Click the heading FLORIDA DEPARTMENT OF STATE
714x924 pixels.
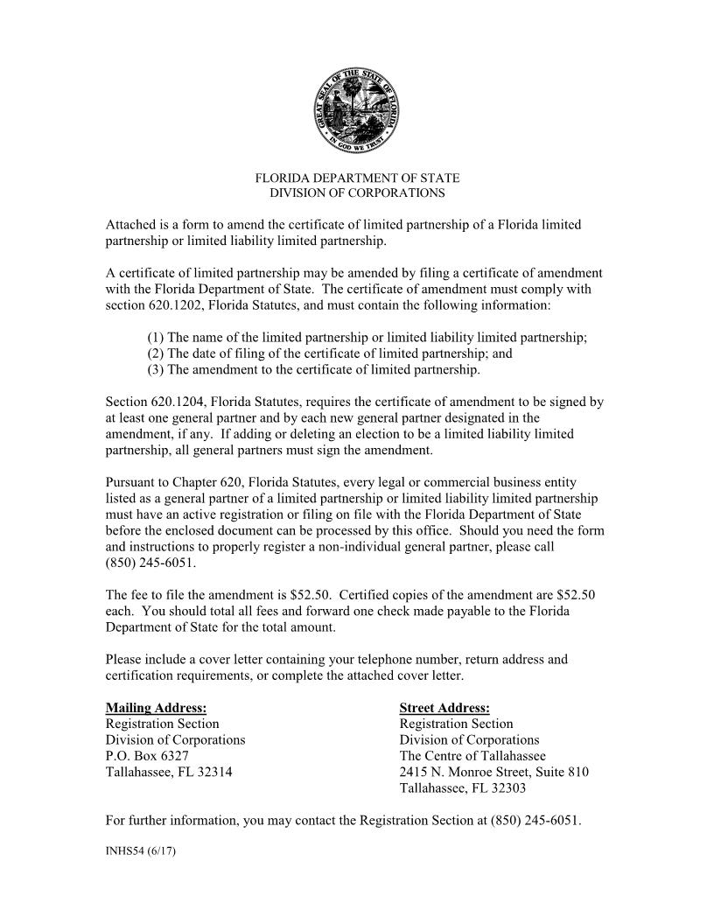click(356, 178)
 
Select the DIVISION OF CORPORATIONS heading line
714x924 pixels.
click(356, 192)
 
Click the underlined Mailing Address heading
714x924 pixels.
click(156, 708)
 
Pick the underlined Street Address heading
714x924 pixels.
click(444, 708)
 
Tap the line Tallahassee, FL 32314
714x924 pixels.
click(169, 771)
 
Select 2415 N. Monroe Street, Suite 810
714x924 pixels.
click(493, 771)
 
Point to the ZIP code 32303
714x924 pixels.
click(508, 787)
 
